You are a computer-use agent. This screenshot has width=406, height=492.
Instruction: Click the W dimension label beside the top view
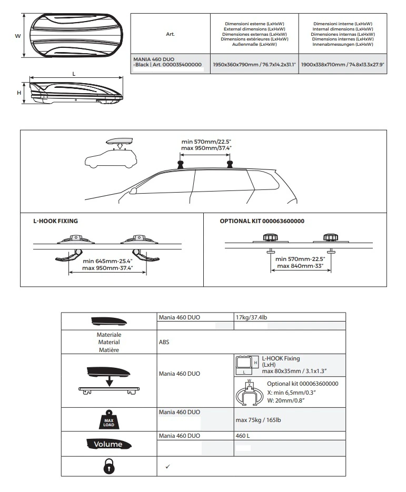click(x=17, y=36)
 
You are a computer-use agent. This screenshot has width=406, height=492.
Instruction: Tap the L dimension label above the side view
click(x=74, y=74)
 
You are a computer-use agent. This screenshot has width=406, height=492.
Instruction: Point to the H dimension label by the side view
click(x=19, y=93)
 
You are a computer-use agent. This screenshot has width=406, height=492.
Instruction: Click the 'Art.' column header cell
click(x=170, y=34)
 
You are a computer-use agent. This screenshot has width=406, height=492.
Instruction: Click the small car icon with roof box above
click(x=111, y=153)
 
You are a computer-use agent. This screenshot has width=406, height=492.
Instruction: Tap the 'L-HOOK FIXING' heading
click(x=56, y=221)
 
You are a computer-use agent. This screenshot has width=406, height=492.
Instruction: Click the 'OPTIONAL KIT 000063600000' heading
click(x=262, y=221)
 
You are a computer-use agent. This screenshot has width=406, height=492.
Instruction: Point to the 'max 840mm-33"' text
click(x=300, y=266)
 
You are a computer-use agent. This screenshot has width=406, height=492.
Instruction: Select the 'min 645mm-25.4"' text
click(x=108, y=261)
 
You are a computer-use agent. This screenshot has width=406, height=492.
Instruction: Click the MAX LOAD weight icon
click(x=108, y=419)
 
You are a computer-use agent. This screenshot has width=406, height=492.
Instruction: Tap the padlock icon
click(x=109, y=466)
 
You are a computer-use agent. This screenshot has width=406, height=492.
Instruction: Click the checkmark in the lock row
click(x=167, y=467)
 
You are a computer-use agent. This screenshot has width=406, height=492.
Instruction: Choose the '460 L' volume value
click(x=243, y=436)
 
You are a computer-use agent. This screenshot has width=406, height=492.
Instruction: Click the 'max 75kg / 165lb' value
click(x=258, y=420)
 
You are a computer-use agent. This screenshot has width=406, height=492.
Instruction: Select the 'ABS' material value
click(x=164, y=342)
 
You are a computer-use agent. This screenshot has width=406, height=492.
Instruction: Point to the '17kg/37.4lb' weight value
click(x=251, y=317)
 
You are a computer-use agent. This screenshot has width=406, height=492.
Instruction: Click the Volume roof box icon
click(x=108, y=444)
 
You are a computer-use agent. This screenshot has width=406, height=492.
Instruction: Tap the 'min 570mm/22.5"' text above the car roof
click(x=206, y=142)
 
